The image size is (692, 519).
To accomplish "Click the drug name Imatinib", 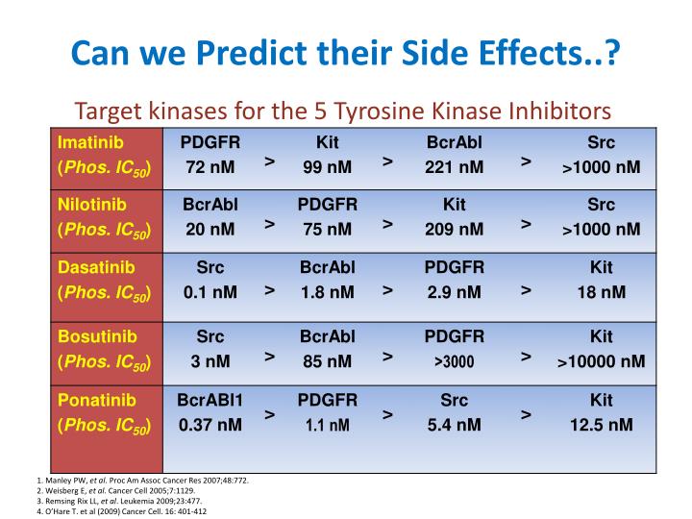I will tap(84, 143).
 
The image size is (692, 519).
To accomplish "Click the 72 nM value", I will tap(210, 168).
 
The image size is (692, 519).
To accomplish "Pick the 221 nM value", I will tap(455, 168).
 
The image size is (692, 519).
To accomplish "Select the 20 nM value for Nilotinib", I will tap(210, 230).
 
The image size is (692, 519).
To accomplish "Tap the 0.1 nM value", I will tap(210, 292).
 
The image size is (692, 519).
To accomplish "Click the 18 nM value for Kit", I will tap(601, 292).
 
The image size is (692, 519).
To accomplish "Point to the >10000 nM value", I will tap(601, 361).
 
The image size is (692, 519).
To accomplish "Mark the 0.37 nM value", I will tap(210, 425).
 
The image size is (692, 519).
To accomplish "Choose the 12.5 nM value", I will tap(601, 425).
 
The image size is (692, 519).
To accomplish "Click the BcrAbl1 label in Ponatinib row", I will tap(210, 400).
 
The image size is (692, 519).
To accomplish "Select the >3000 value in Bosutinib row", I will tap(455, 362).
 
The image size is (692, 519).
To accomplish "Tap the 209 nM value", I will tap(455, 230).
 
